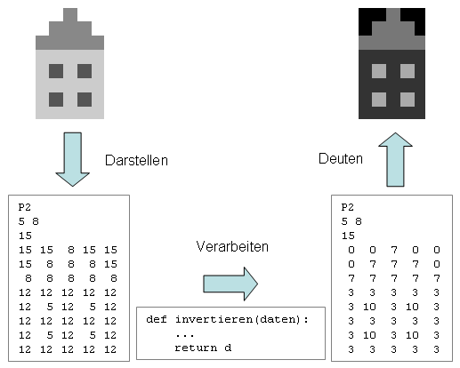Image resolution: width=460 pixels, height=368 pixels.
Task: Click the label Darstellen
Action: (136, 161)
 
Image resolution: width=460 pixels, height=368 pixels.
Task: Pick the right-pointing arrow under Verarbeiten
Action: (230, 283)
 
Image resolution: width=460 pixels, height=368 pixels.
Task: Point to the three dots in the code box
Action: (184, 333)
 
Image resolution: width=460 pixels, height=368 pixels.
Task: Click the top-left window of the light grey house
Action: (56, 70)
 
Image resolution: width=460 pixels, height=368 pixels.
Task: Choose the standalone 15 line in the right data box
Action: (348, 236)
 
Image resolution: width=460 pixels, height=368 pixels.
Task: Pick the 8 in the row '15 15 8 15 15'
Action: (69, 252)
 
